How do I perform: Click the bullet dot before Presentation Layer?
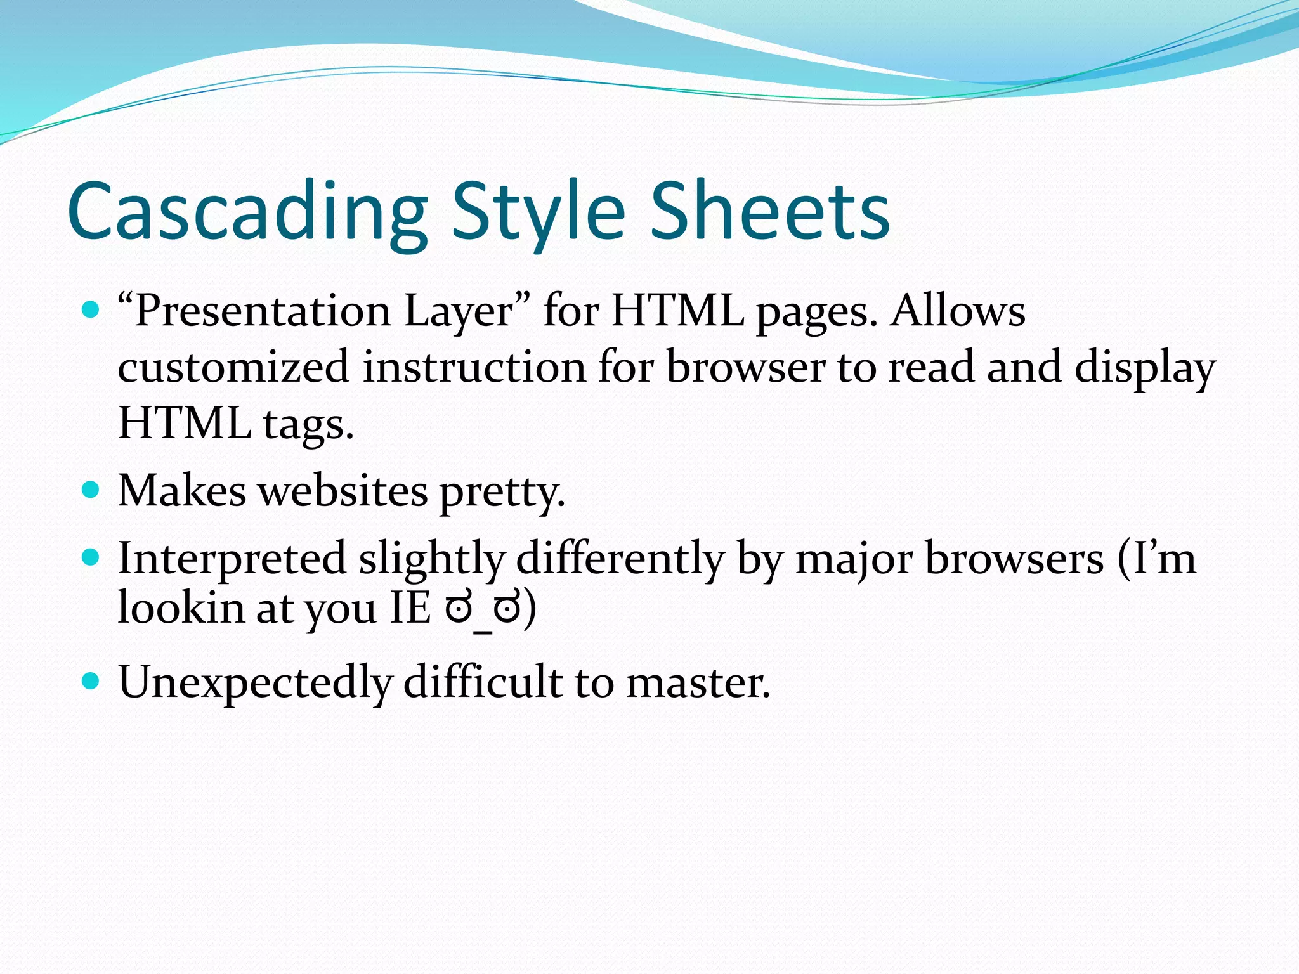pyautogui.click(x=91, y=310)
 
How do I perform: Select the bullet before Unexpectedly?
pyautogui.click(x=91, y=682)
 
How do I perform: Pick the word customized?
pyautogui.click(x=233, y=367)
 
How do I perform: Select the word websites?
pyautogui.click(x=343, y=491)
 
